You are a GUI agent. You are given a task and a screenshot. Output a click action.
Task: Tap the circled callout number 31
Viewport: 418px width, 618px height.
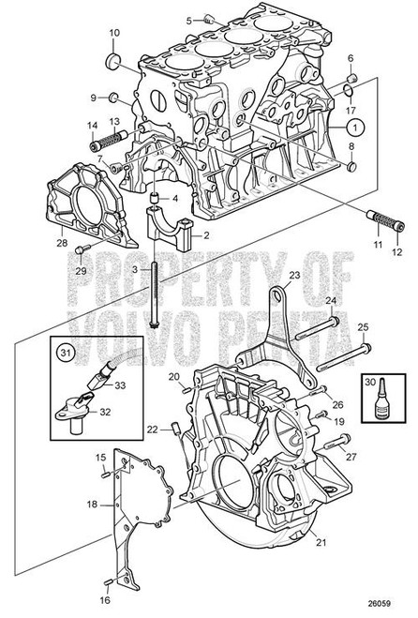(64, 354)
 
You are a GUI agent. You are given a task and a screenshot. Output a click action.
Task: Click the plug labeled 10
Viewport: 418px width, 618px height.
(114, 61)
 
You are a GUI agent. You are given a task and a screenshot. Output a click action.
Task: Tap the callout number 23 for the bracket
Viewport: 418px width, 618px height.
(293, 276)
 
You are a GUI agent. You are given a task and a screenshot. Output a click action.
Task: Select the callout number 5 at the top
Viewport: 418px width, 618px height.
(188, 20)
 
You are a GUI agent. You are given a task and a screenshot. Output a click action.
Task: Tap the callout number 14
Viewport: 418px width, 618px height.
(93, 126)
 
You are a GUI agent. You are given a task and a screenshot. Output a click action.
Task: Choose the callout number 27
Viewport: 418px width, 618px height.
(351, 456)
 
